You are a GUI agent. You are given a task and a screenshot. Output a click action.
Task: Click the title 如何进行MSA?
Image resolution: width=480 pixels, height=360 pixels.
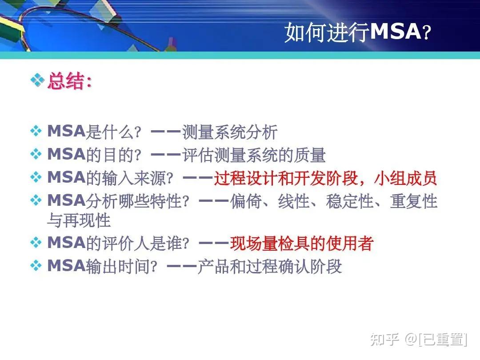[x=357, y=32]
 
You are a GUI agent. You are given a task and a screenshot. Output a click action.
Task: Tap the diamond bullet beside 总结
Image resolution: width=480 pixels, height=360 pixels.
[x=37, y=81]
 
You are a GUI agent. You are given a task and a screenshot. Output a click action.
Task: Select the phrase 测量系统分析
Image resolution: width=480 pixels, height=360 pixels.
[x=229, y=132]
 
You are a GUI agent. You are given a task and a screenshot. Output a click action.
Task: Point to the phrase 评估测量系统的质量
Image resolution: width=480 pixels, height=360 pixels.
[x=253, y=155]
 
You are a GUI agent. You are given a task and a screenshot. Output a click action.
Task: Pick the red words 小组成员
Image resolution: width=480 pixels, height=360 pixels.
[x=405, y=178]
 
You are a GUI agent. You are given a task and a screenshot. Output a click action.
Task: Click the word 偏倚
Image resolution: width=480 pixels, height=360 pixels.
[x=246, y=201]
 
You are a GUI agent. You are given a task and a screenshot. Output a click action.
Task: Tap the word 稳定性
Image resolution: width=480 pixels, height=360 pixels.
[x=349, y=201]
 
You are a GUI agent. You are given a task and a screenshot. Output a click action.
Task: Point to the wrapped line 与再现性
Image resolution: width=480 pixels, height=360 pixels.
[x=79, y=220]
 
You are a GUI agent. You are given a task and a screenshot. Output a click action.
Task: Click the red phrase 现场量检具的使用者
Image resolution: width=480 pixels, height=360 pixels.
[x=301, y=243]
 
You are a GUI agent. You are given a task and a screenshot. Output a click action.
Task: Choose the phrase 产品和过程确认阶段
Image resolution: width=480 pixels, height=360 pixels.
[x=269, y=266]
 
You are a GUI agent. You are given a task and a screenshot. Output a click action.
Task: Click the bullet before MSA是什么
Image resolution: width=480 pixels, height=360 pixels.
[x=36, y=132]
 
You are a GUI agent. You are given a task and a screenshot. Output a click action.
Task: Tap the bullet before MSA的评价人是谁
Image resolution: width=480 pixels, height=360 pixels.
[x=36, y=243]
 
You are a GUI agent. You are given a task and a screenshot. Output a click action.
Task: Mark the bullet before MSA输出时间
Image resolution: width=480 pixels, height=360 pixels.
[x=36, y=266]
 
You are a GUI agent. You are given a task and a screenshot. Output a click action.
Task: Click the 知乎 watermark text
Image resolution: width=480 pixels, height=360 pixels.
[x=384, y=339]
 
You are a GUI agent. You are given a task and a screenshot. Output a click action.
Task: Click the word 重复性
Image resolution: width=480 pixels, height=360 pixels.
[x=413, y=201]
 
